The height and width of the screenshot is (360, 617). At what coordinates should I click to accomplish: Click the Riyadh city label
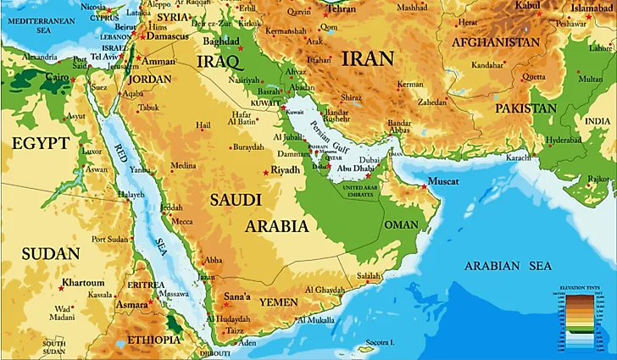[x=286, y=169]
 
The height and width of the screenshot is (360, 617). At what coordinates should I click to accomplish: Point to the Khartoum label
[x=82, y=283]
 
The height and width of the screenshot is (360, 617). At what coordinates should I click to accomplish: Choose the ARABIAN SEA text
[x=508, y=266]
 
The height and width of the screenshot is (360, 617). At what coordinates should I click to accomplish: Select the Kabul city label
[x=529, y=5]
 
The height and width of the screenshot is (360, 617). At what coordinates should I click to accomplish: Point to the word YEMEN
[x=278, y=302]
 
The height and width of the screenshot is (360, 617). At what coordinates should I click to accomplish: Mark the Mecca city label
[x=183, y=221]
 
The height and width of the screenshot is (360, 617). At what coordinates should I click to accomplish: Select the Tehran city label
[x=342, y=8]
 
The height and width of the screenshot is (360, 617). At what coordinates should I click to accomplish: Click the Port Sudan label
[x=109, y=238]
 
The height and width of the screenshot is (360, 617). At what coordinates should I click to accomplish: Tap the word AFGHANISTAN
[x=496, y=42]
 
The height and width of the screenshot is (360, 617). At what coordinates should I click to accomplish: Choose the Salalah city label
[x=369, y=276]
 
